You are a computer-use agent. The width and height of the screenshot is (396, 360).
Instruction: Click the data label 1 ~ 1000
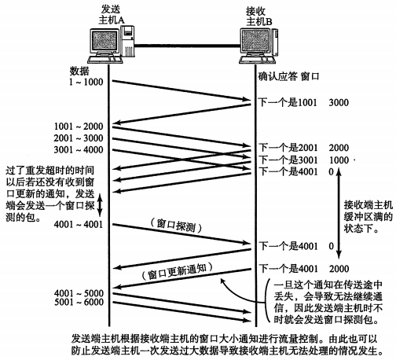coord(86,82)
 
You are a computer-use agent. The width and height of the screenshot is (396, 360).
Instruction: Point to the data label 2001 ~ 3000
coord(79,138)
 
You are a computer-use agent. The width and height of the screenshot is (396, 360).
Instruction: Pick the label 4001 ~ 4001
coord(79,224)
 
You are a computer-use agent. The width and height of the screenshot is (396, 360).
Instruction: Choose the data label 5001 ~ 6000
coord(79,302)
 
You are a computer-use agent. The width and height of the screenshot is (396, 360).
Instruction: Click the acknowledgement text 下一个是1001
coord(288,102)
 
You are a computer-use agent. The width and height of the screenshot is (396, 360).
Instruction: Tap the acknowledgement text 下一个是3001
coord(288,160)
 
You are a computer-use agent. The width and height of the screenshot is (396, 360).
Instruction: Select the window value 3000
coord(339,102)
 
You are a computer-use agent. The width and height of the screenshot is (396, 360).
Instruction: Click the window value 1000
coord(339,160)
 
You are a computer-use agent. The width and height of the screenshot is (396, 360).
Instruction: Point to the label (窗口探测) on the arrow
coord(176,226)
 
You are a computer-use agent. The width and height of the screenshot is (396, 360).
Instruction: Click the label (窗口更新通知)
coord(178,271)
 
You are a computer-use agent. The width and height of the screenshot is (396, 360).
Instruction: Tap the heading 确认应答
coord(278,76)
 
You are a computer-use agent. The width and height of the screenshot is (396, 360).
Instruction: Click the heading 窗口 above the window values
coord(310,76)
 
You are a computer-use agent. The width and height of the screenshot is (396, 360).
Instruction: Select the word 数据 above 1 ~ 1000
coord(79,71)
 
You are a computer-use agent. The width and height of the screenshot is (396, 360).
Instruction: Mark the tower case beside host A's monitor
coord(127,41)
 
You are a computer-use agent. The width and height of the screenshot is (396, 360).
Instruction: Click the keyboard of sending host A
coord(105,60)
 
